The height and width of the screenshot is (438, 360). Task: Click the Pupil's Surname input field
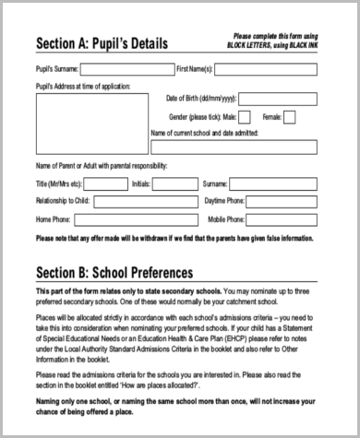pyautogui.click(x=126, y=69)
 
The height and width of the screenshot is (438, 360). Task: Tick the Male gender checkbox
pyautogui.click(x=246, y=117)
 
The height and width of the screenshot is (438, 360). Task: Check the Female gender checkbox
pyautogui.click(x=290, y=117)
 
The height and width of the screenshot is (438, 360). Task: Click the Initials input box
pyautogui.click(x=173, y=183)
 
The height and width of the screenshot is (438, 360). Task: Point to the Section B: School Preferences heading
pyautogui.click(x=114, y=273)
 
